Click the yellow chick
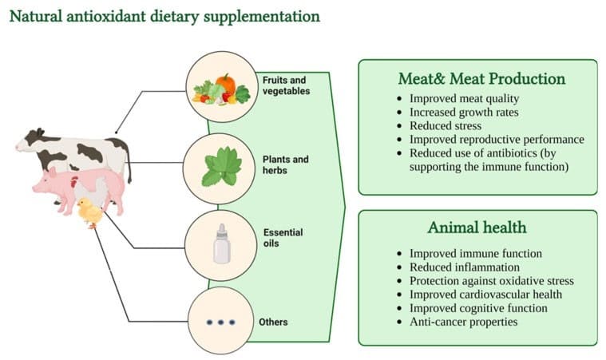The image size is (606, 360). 90,212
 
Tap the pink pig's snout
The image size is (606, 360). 36,188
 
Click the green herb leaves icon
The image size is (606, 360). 222,167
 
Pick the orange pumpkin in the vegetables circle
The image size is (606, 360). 225,84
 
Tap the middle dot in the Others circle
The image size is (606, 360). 220,322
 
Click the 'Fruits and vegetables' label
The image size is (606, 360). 286,85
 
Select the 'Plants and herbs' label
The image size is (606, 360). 285,164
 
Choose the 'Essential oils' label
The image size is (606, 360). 283,238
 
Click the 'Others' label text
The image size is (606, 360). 273,322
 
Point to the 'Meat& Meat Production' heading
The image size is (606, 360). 481,78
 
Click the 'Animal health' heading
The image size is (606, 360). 477,227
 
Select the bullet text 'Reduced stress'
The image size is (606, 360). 446,125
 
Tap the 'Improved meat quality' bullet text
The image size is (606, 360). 464,99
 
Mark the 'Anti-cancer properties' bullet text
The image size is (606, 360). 463,322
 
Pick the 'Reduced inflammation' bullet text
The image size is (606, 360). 465,267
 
